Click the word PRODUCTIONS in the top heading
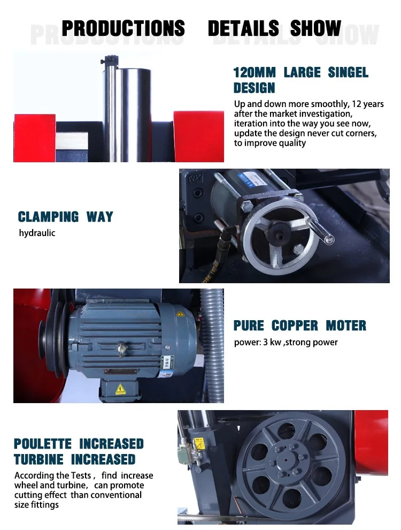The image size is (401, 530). tap(123, 28)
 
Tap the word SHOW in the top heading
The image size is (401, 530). tap(315, 28)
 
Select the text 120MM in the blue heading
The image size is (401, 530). tap(255, 72)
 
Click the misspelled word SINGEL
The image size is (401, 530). tap(348, 72)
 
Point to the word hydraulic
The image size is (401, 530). tap(37, 233)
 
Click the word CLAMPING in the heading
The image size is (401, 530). tap(48, 217)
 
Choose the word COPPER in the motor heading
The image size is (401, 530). tap(295, 325)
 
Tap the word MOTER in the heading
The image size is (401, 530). tap(346, 325)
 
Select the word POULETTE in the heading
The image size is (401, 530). tap(43, 443)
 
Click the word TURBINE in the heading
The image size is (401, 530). tap(38, 459)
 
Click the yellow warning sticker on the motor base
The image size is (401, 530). tap(120, 389)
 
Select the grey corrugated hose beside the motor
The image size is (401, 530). tap(212, 345)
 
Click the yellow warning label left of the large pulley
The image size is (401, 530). tap(199, 444)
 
